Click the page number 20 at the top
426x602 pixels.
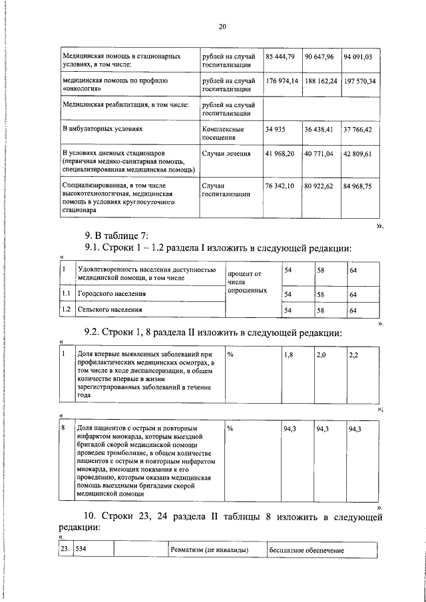point(222,27)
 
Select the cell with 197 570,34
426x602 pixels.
point(359,81)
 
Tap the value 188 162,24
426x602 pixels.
point(321,81)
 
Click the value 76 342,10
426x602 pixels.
point(280,186)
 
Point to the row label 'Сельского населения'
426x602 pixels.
point(110,310)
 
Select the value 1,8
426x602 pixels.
point(288,355)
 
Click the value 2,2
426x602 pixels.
point(353,355)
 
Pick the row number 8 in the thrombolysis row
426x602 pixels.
point(63,429)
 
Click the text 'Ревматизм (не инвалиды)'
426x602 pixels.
point(210,550)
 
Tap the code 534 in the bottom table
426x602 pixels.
point(82,550)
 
